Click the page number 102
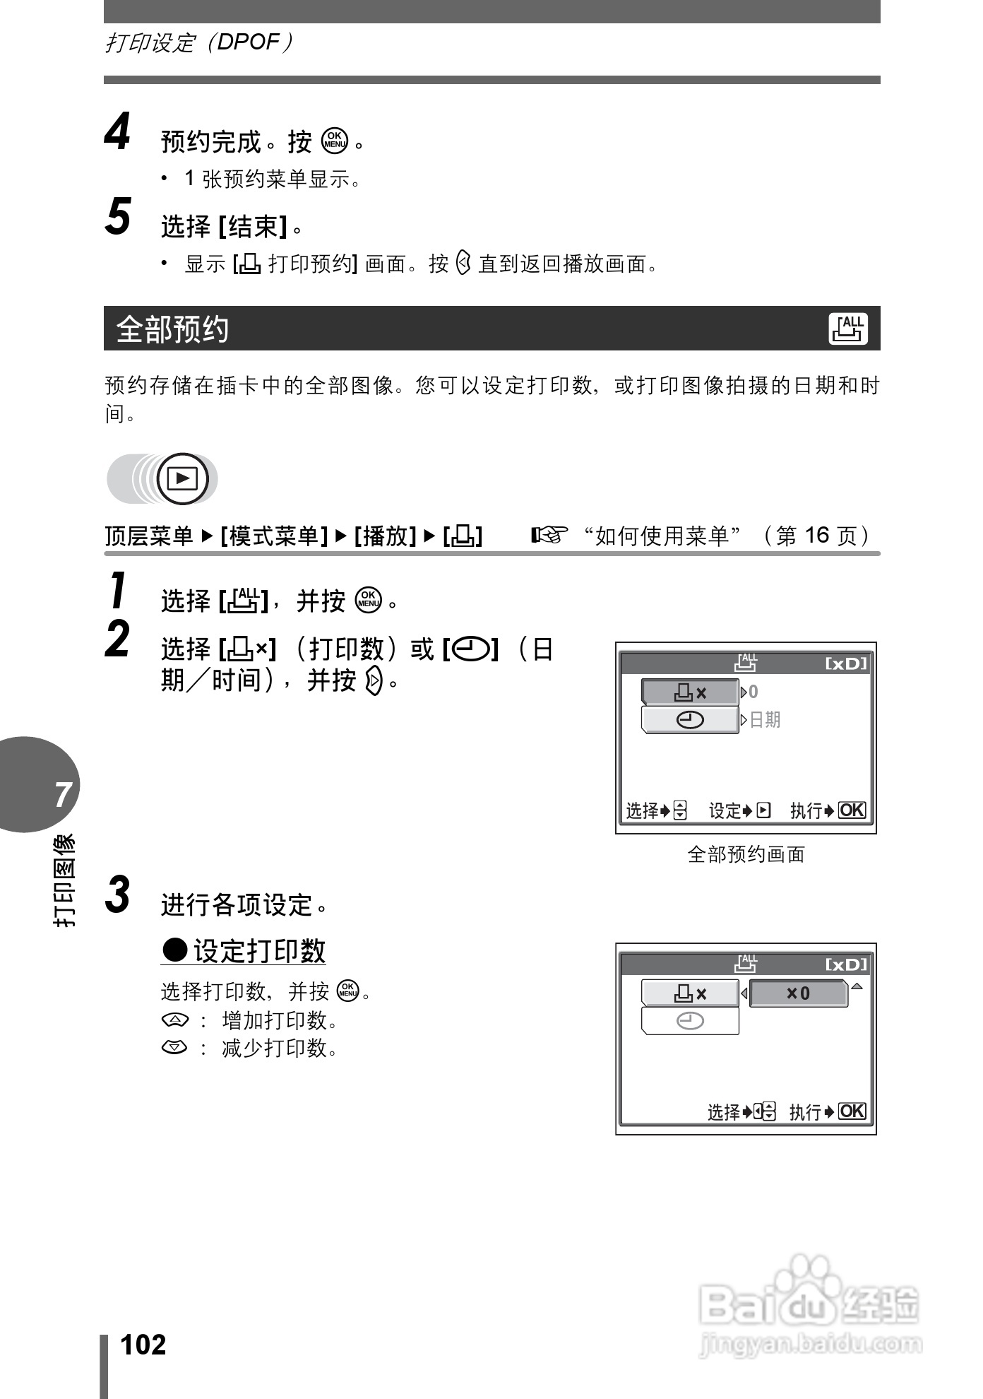[x=143, y=1344]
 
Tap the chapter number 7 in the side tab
[x=63, y=794]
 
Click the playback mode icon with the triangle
[x=183, y=479]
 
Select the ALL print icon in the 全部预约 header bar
[x=848, y=329]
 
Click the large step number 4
[x=117, y=133]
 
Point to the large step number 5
[x=118, y=216]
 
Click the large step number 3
[x=118, y=895]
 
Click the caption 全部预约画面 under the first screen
[x=746, y=854]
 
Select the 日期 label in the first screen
[x=764, y=719]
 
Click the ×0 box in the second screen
[x=798, y=993]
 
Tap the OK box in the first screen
[x=852, y=810]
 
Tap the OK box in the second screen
[x=852, y=1111]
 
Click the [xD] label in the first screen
[x=846, y=663]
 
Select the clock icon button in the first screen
[x=690, y=720]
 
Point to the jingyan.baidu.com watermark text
[x=810, y=1344]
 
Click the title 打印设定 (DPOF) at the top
[x=198, y=42]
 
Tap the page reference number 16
[x=816, y=536]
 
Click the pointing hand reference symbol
[x=550, y=536]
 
